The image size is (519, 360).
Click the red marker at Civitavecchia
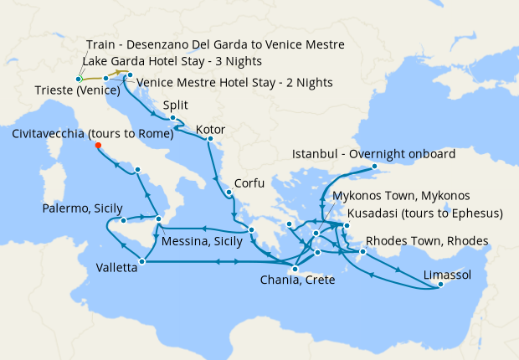(98, 145)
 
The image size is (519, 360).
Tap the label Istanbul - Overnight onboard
(373, 155)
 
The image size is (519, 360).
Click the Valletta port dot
(141, 262)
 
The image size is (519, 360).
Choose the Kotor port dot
(209, 139)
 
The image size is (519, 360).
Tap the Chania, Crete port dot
(294, 269)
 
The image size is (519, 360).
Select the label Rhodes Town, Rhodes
(427, 241)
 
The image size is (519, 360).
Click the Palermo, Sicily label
(83, 208)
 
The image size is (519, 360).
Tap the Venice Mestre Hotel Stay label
(234, 82)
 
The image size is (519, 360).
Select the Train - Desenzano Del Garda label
(214, 44)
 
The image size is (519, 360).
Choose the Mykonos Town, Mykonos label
(394, 195)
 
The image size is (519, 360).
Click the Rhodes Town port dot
(362, 252)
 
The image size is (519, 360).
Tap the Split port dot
(172, 118)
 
